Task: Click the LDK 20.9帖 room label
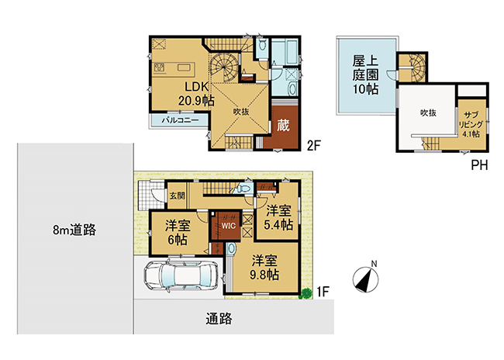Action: pyautogui.click(x=196, y=94)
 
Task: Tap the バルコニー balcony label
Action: pyautogui.click(x=180, y=120)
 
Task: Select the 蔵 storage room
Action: pyautogui.click(x=283, y=126)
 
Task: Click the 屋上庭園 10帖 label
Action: pyautogui.click(x=365, y=74)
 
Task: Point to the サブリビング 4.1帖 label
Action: pyautogui.click(x=471, y=125)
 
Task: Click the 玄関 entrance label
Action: pyautogui.click(x=177, y=196)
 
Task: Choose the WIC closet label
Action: pyautogui.click(x=228, y=226)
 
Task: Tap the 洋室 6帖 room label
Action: pyautogui.click(x=178, y=232)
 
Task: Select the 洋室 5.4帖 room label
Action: pyautogui.click(x=278, y=218)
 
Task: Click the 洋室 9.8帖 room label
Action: pyautogui.click(x=265, y=268)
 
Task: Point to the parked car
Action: pyautogui.click(x=181, y=275)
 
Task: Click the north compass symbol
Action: pyautogui.click(x=366, y=279)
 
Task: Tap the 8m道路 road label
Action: pyautogui.click(x=74, y=230)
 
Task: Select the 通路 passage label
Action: pyautogui.click(x=219, y=319)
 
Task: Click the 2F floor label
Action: pyautogui.click(x=314, y=146)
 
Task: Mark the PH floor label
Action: pyautogui.click(x=479, y=165)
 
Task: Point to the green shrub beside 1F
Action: pyautogui.click(x=306, y=294)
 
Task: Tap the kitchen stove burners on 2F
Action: pyautogui.click(x=160, y=67)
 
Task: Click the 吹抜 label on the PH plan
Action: pyautogui.click(x=429, y=113)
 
